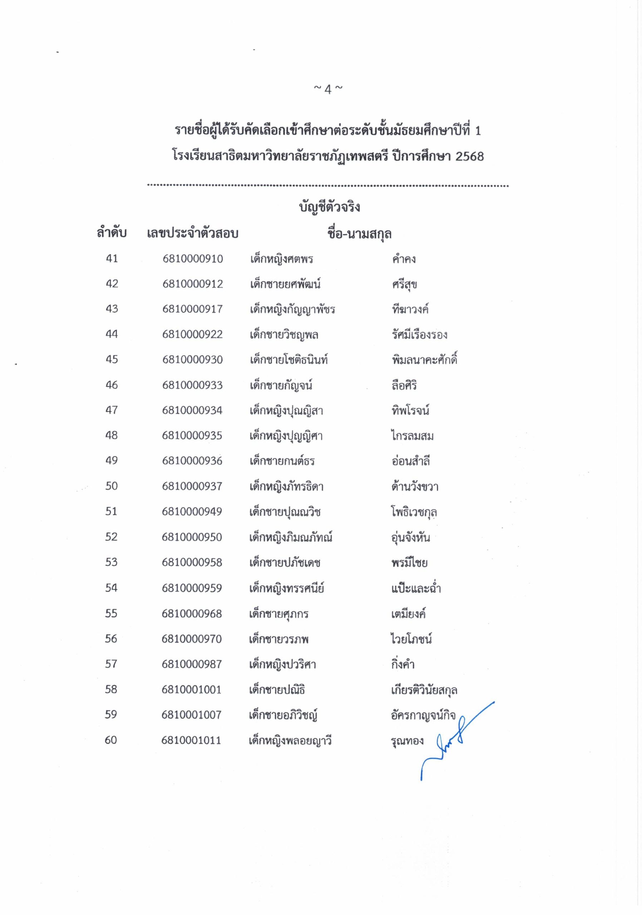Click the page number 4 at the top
328,89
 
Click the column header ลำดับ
112,233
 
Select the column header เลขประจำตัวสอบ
192,233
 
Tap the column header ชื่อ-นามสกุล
359,233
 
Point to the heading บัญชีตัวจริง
329,207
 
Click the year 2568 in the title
469,156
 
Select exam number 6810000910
192,259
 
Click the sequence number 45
112,360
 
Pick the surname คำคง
403,259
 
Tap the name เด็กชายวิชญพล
284,334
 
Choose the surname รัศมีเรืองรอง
419,334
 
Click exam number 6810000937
192,486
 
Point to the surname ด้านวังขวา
415,486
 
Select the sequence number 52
111,537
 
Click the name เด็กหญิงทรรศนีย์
286,588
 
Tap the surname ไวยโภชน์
411,639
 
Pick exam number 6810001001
191,689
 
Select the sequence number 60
111,740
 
